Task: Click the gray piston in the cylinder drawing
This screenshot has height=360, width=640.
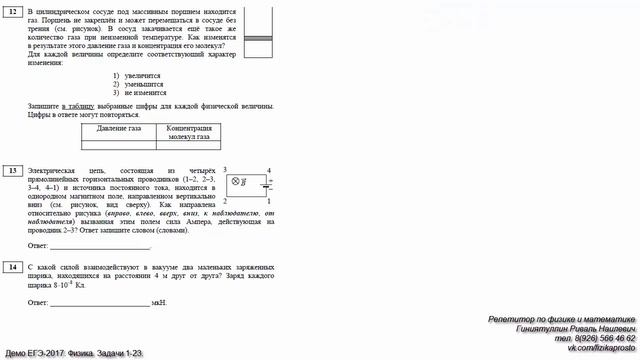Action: point(258,39)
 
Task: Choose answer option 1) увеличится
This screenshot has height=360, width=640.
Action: point(137,75)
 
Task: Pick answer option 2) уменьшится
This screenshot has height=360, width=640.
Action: point(138,84)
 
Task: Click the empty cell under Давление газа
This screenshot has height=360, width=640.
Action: point(119,145)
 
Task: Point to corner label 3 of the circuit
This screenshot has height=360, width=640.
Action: point(225,170)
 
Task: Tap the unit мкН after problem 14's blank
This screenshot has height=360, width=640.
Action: point(159,301)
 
